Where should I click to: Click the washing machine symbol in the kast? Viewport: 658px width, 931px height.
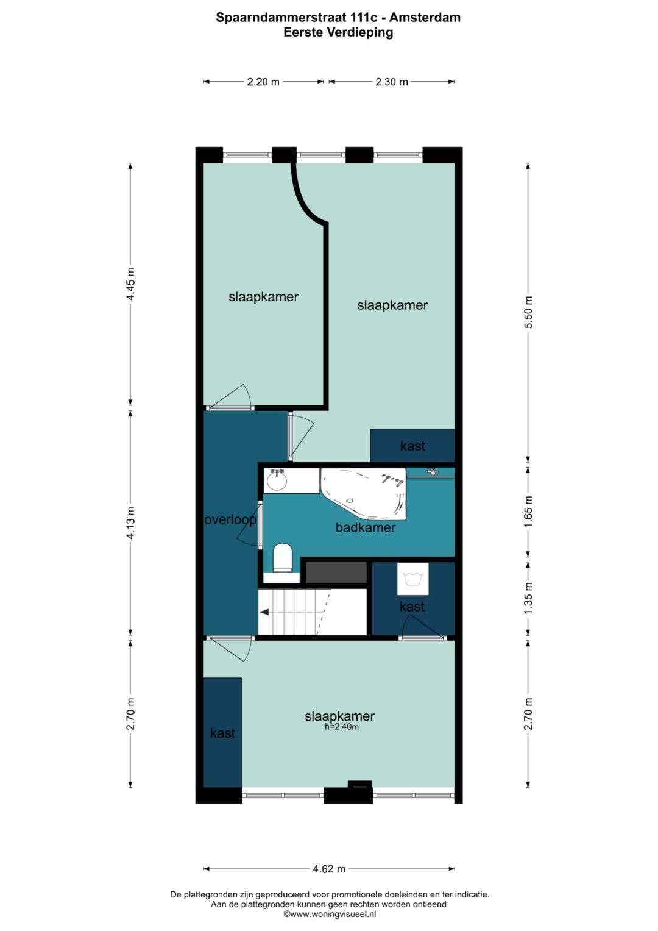413,579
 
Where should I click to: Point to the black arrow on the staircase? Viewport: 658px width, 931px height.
264,612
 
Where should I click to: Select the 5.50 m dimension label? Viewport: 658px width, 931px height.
528,312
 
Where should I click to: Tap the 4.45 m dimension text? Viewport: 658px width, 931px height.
130,284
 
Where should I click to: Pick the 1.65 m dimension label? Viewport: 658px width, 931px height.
528,512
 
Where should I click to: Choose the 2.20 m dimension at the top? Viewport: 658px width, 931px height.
263,82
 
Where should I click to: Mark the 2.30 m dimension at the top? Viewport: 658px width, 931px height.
392,82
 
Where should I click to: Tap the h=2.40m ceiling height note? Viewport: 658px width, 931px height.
341,727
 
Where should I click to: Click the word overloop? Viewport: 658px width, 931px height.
230,519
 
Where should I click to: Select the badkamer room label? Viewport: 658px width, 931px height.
366,527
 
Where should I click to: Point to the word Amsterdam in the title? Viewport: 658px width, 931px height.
425,18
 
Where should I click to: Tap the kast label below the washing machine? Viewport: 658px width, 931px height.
412,607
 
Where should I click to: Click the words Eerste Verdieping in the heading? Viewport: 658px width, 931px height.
338,32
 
